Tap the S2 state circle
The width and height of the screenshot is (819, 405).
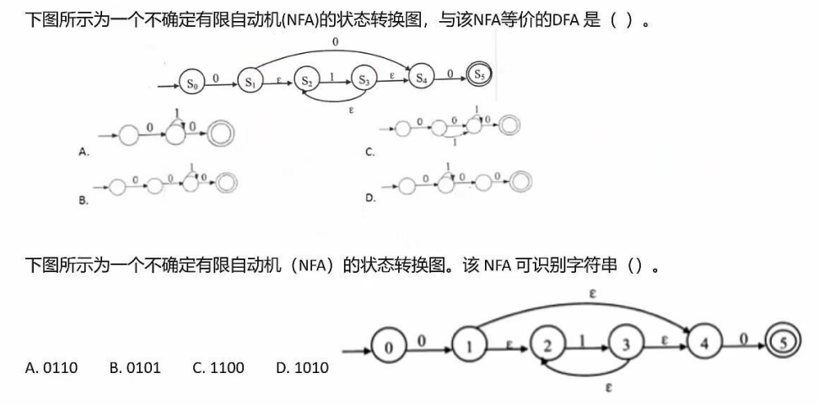[x=308, y=83]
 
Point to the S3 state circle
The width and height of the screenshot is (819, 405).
[x=364, y=81]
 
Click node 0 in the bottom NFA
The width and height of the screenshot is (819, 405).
[x=388, y=345]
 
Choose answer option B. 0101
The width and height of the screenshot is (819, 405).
[x=134, y=368]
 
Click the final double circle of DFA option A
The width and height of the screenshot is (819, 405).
[x=223, y=134]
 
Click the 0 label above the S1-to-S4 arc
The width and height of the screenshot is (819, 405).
[x=337, y=40]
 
